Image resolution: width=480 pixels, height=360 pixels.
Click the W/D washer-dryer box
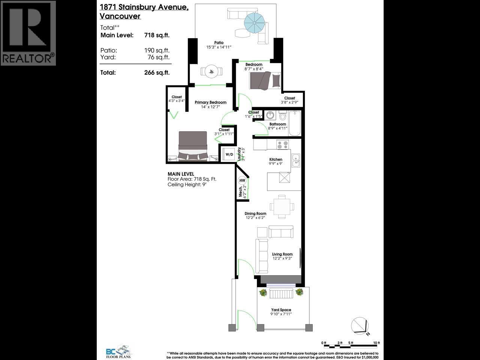[x=229, y=154]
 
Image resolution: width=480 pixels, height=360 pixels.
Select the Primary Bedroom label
[x=210, y=102]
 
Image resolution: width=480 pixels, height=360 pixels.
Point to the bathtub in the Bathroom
[x=295, y=124]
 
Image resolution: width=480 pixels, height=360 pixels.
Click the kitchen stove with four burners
[x=282, y=144]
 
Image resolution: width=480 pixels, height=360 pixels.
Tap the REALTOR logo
[x=28, y=33]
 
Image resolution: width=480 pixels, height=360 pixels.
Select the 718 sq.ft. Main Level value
[x=157, y=35]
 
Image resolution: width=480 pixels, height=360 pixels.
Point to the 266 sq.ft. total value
[x=157, y=73]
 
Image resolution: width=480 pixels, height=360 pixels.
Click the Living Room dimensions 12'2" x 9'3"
[x=282, y=258]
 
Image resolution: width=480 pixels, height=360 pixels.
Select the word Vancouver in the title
[x=120, y=16]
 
